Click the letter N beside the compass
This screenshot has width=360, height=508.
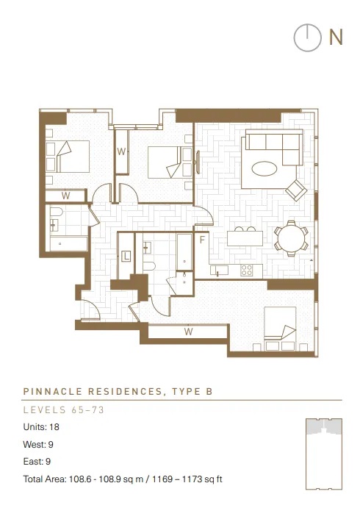point(336,37)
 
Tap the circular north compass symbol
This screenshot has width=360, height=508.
point(308,37)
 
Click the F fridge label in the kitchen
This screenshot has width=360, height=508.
point(202,240)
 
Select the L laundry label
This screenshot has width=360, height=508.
point(126,257)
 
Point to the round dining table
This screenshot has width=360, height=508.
point(292,238)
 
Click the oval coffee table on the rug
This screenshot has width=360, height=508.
point(264,169)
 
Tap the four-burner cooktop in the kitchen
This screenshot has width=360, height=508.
point(247,271)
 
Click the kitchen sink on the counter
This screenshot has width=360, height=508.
point(219,270)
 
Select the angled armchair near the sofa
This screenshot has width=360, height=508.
point(296,190)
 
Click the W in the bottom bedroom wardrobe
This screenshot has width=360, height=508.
point(188,331)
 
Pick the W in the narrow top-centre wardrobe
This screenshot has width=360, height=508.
point(121,151)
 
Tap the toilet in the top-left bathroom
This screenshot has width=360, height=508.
point(57,212)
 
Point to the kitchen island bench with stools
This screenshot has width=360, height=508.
point(245,238)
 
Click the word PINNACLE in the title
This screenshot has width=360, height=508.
point(52,391)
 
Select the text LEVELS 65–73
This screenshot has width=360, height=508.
point(64,409)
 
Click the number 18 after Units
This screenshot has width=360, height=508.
point(54,427)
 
